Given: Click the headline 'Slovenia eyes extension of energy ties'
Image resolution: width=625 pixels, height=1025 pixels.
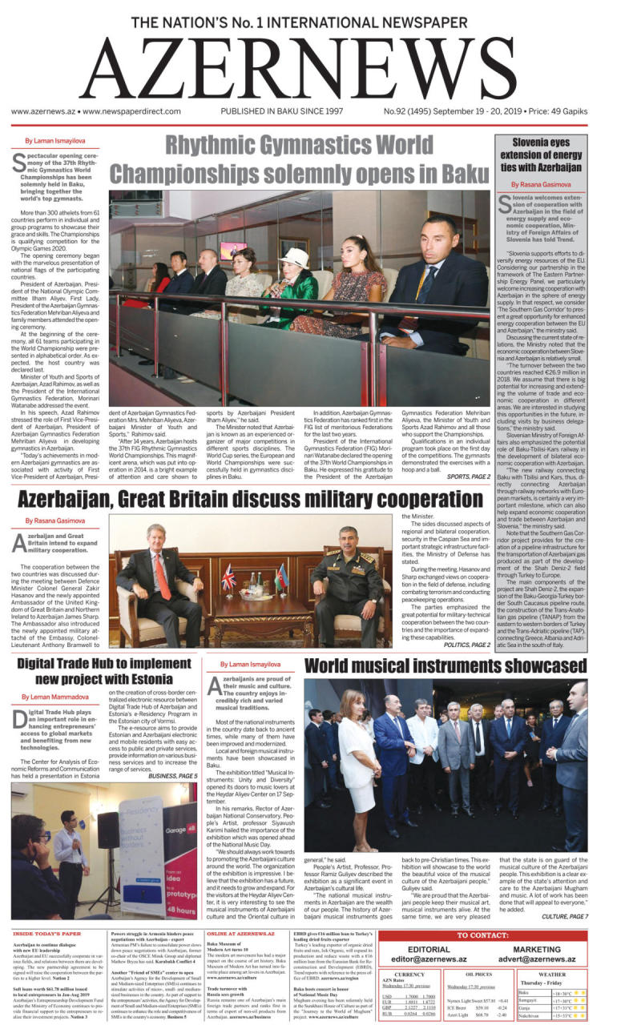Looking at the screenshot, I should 553,155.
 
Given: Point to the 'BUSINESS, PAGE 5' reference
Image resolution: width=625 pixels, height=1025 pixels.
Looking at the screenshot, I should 172,776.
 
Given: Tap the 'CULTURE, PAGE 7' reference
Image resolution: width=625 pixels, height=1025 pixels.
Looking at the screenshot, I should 564,916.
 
